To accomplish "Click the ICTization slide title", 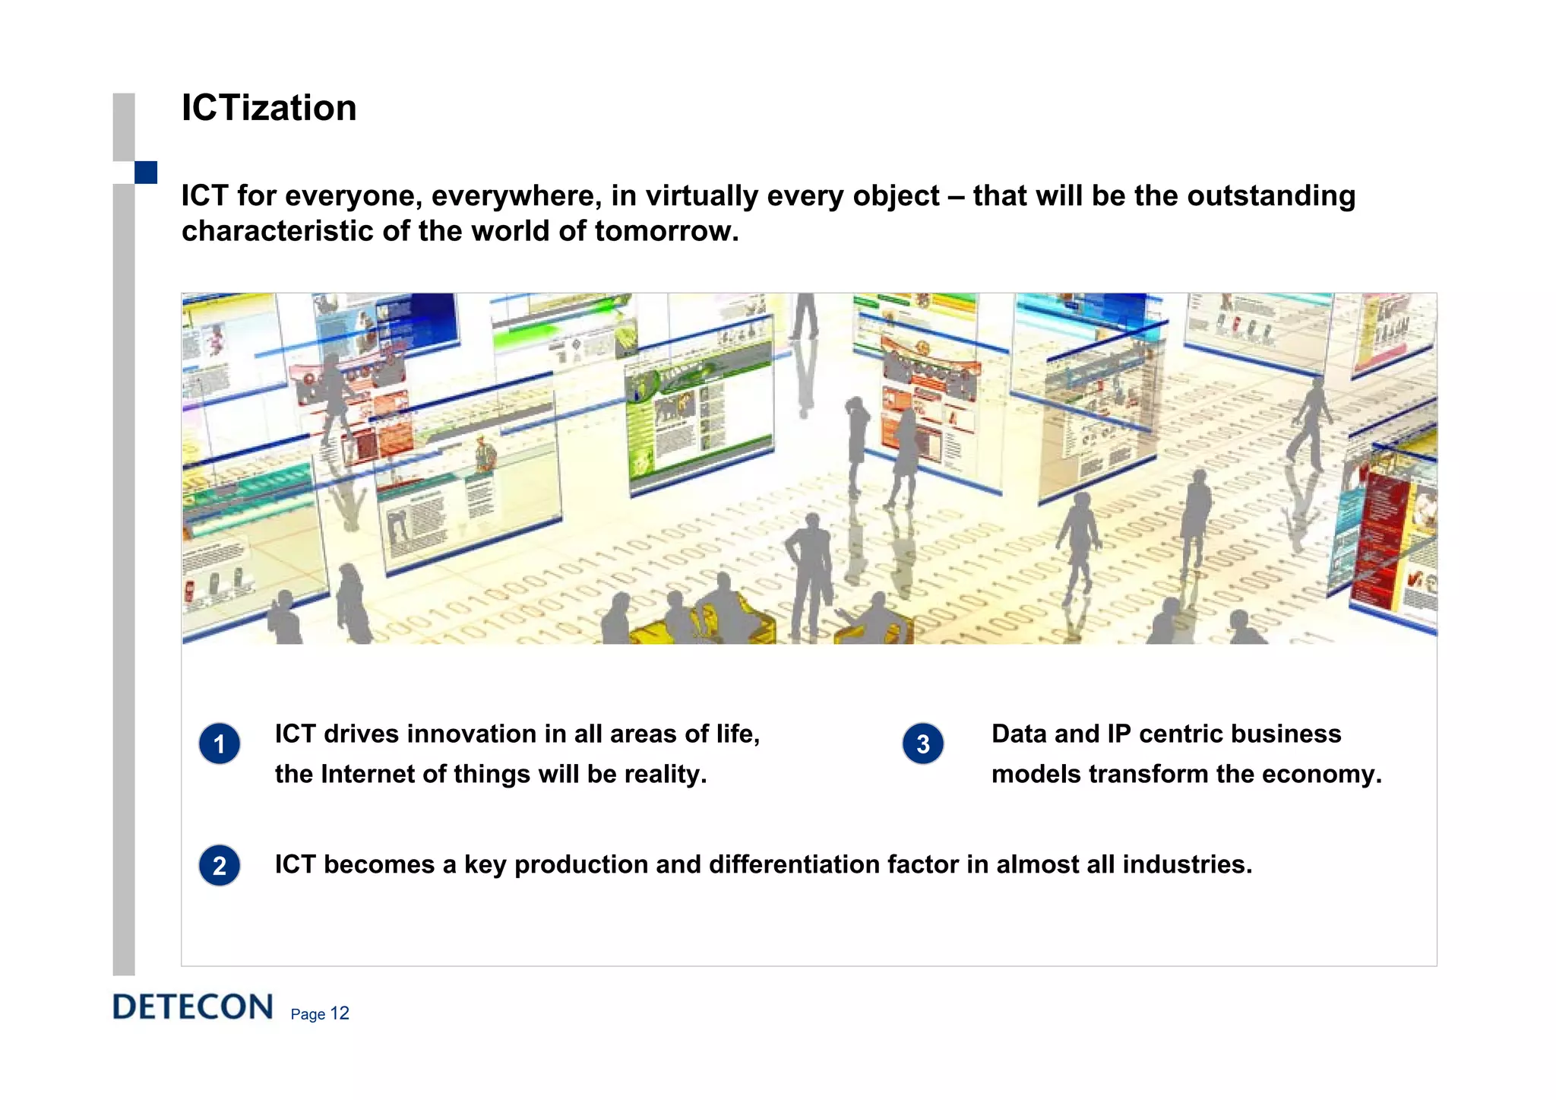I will tap(269, 108).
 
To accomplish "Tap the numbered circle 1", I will tap(220, 743).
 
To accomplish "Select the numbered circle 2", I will tap(220, 865).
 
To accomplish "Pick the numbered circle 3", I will tap(922, 743).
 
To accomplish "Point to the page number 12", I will tap(340, 1013).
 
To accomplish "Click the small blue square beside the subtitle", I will tap(146, 173).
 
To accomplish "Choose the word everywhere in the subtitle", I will tap(517, 196).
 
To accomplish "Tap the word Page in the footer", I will tap(308, 1014).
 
